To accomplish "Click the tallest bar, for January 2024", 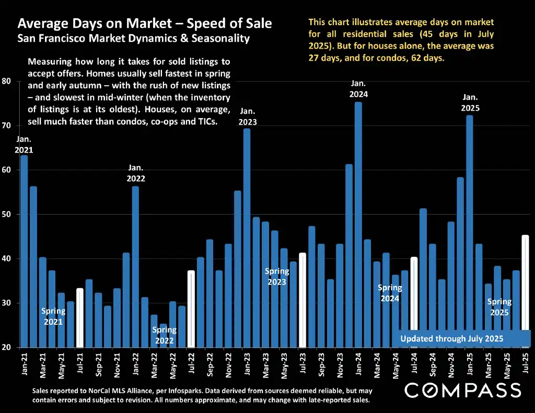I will point(358,225).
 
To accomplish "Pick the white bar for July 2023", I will point(303,300).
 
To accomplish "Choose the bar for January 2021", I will point(24,251).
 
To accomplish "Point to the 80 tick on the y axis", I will point(6,81).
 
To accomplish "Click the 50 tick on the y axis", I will point(6,215).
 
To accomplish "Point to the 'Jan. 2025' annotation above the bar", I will point(470,103).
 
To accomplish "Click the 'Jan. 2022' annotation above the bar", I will point(136,173).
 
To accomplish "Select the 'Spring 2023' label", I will point(277,277).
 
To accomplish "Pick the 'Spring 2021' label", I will point(53,316).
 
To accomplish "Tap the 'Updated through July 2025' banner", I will point(451,339).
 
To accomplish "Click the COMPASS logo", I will point(463,390).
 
